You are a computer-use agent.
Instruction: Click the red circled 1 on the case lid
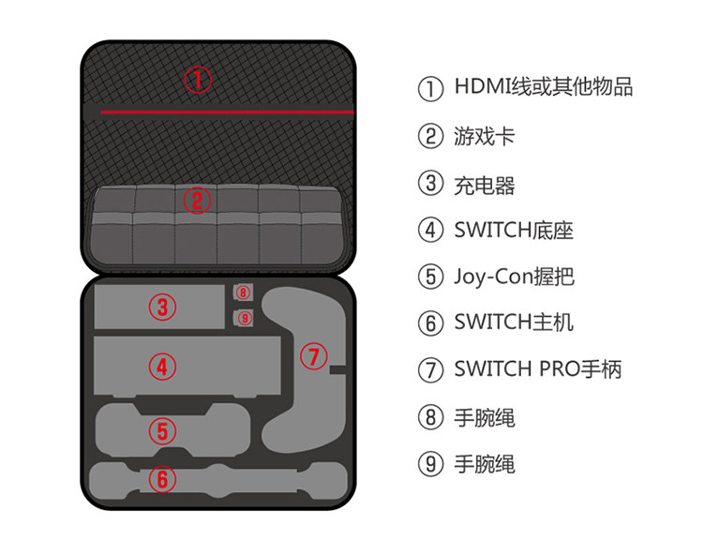pos(197,80)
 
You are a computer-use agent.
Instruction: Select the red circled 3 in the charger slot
pos(162,307)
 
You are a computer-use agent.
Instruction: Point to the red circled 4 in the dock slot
pos(162,366)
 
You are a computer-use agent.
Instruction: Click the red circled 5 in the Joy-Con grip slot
pos(162,431)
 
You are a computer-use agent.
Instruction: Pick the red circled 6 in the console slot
pos(162,480)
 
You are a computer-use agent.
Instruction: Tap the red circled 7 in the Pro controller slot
pos(314,356)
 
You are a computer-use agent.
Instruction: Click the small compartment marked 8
pos(243,294)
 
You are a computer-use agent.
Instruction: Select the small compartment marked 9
pos(243,319)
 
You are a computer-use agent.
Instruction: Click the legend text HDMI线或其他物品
pos(544,88)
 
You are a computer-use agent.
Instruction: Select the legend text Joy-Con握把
pos(514,277)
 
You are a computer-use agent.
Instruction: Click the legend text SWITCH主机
pos(514,323)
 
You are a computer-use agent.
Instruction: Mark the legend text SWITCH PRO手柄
pos(538,369)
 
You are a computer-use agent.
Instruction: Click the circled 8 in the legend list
pos(430,417)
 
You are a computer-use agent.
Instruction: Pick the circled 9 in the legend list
pos(430,464)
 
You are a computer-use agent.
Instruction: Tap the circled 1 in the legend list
pos(430,89)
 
